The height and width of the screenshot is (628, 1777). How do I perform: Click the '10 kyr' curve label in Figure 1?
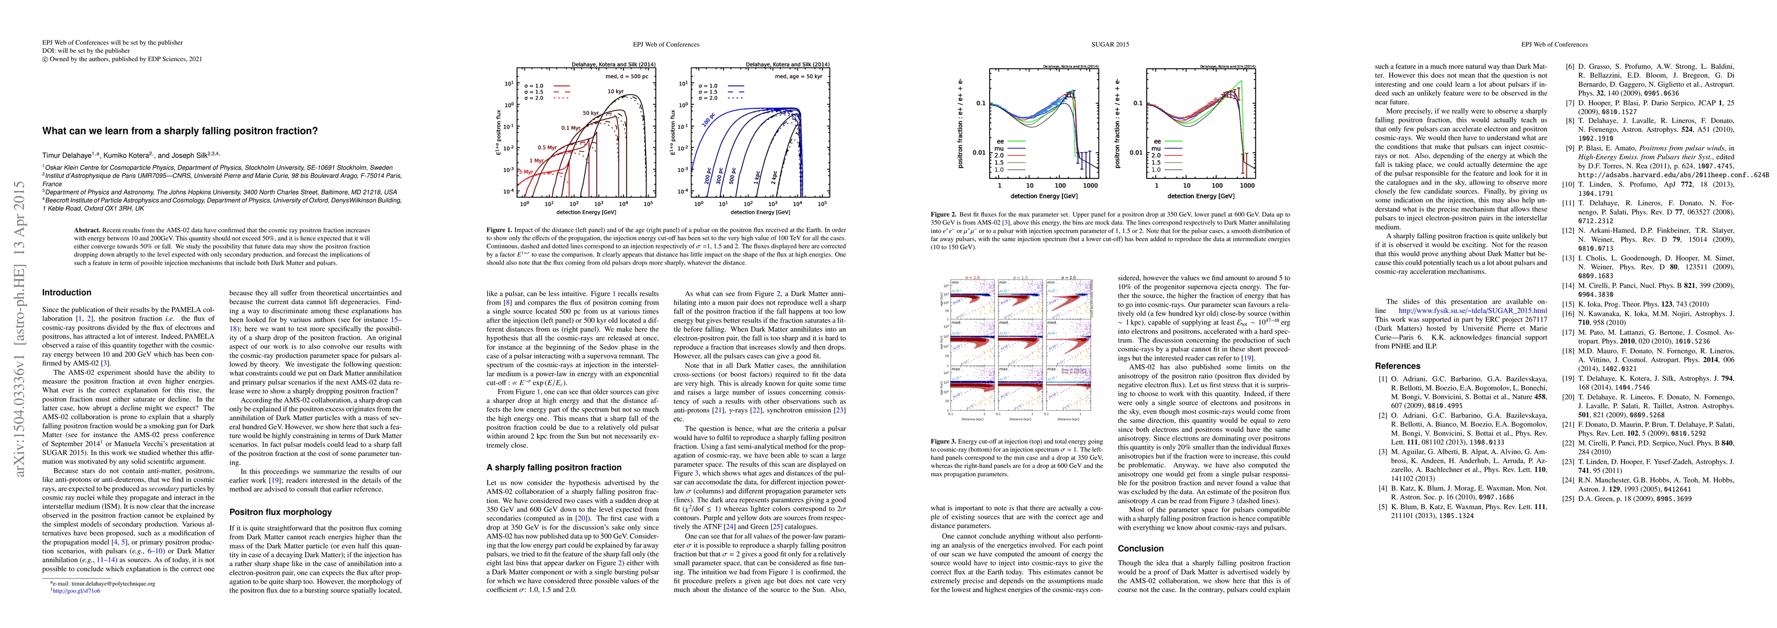(x=616, y=92)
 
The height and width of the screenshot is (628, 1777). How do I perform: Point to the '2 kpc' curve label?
(x=775, y=176)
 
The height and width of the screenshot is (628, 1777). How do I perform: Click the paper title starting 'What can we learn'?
(x=180, y=131)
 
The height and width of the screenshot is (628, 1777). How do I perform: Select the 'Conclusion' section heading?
(x=1140, y=549)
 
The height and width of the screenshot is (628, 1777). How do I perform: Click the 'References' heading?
(x=1398, y=366)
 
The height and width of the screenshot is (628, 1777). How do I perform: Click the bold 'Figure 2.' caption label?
(x=944, y=215)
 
